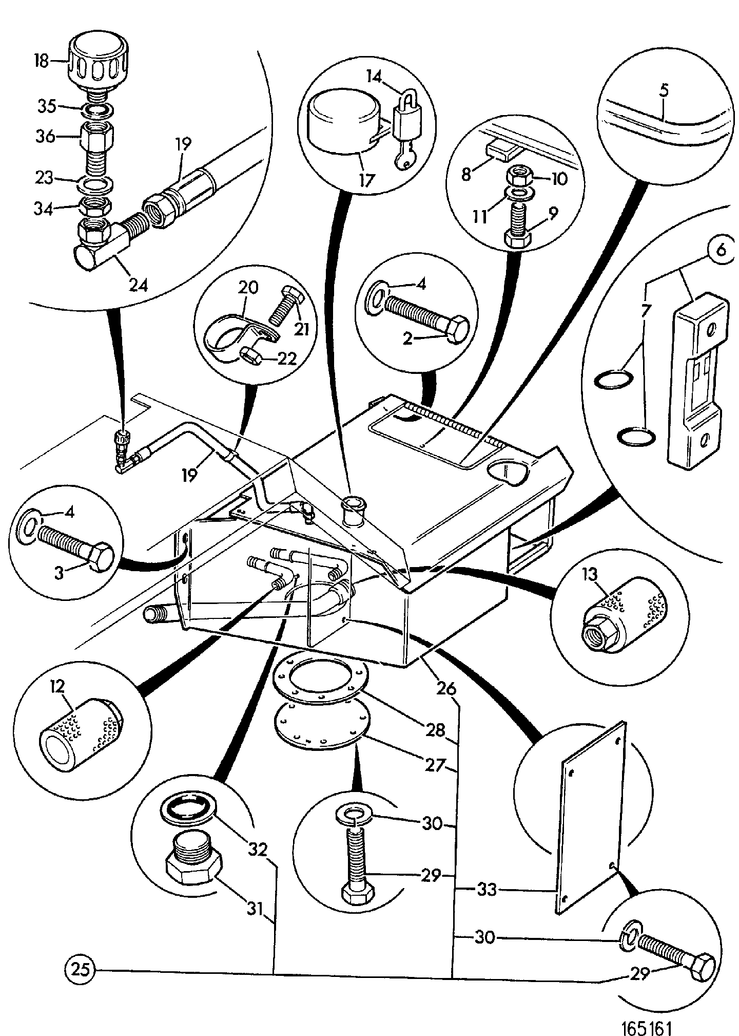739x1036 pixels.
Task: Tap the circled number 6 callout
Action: [x=721, y=251]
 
